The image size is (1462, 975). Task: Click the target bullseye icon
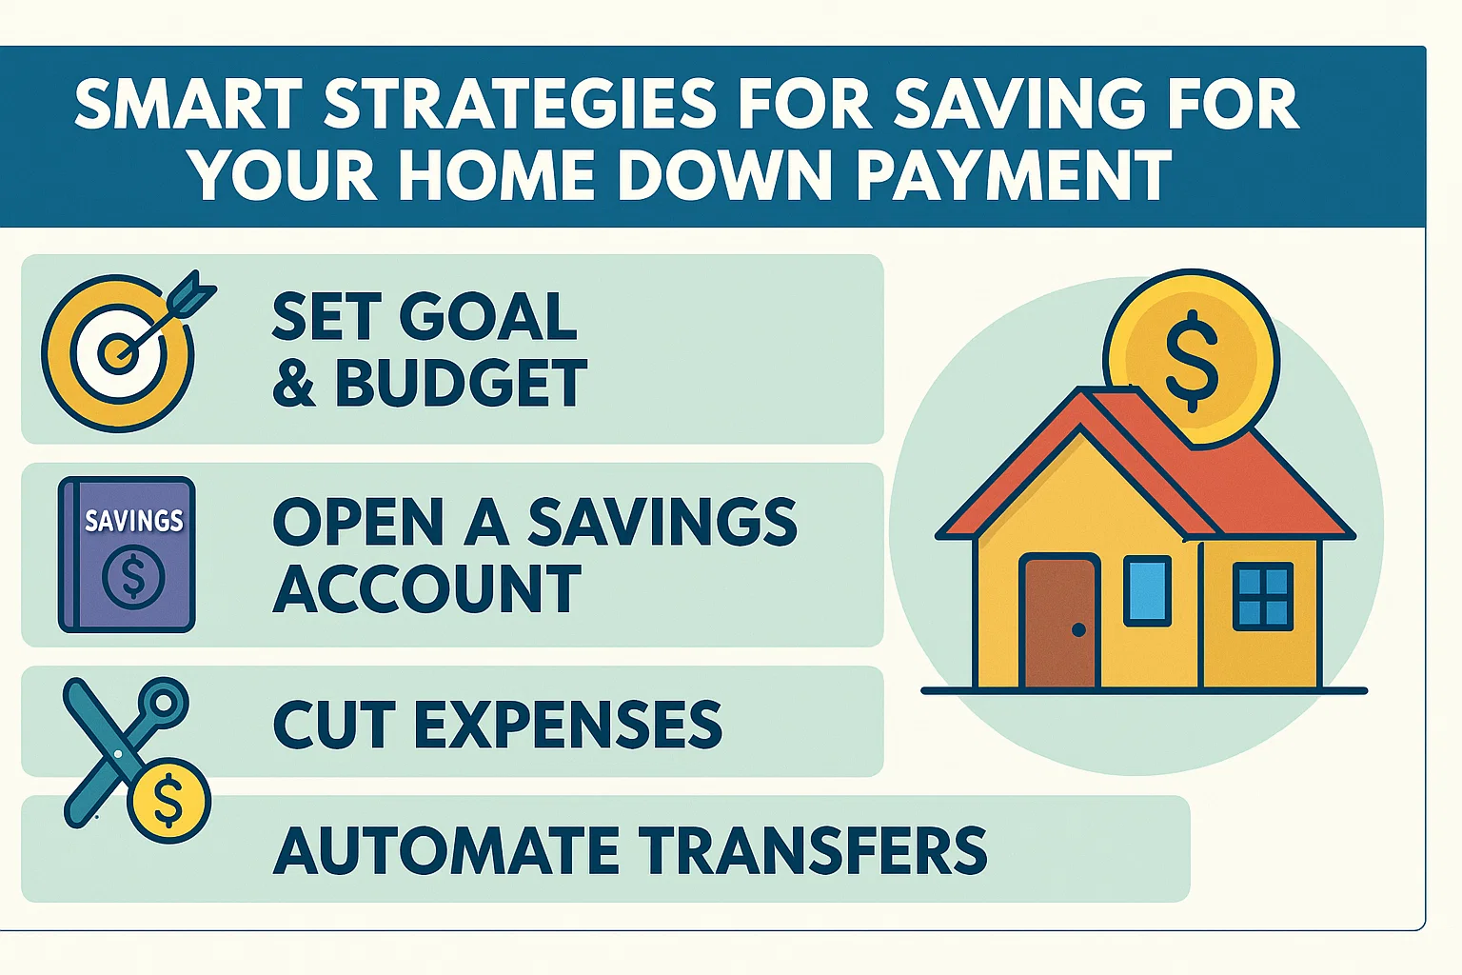coord(117,354)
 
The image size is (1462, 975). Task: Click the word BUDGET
coord(461,384)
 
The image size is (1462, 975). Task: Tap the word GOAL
coord(487,316)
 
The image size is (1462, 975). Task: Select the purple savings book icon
coord(127,555)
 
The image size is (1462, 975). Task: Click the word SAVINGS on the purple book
coord(133,520)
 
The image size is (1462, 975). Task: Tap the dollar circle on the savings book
coord(133,577)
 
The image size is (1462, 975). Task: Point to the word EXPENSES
coord(567,725)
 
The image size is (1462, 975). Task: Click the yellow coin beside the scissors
coord(169,801)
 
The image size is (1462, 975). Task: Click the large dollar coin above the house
coord(1191,358)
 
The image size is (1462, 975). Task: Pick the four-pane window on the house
coord(1262,596)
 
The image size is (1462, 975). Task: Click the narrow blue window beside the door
coord(1147,591)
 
